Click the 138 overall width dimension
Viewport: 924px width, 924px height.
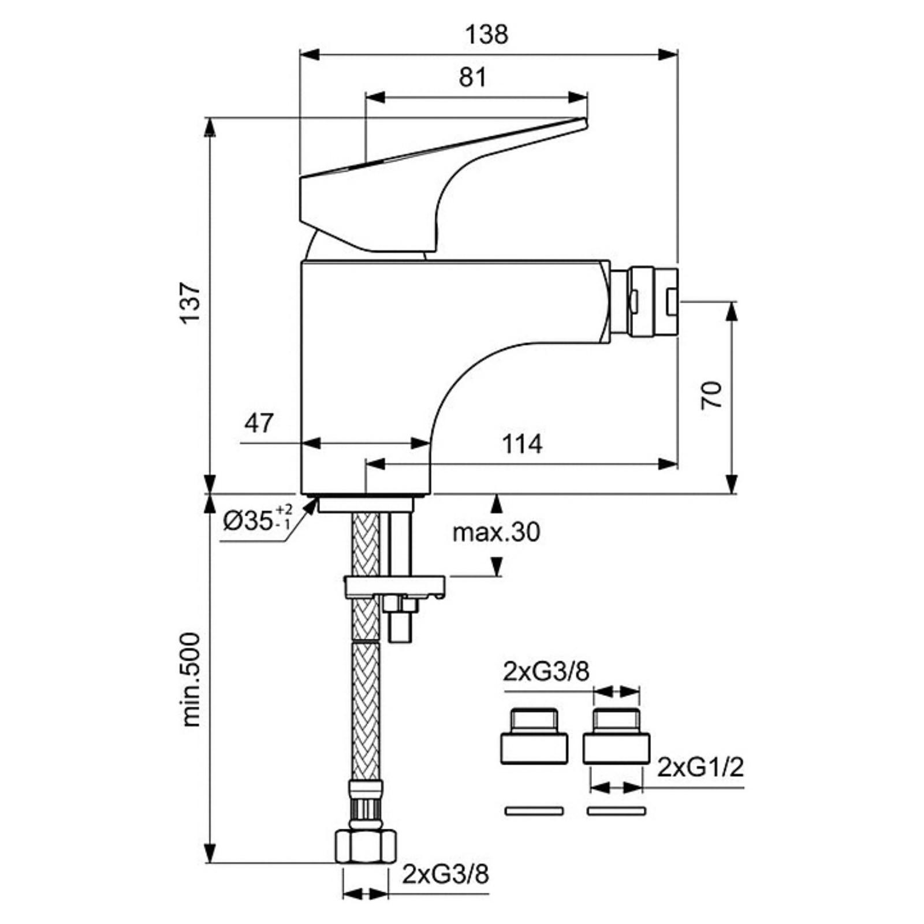[487, 35]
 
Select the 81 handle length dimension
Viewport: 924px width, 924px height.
[472, 77]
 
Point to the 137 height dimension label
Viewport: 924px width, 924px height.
[191, 303]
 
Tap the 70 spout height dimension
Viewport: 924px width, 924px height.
[712, 395]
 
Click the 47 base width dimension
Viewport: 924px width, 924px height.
[258, 423]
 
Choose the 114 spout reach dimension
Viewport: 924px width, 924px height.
[522, 444]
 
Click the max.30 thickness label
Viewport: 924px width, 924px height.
[496, 532]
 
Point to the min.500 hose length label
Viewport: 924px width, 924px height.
[191, 679]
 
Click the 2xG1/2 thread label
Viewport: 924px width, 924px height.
[701, 767]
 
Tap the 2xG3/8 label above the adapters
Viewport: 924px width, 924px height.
[546, 672]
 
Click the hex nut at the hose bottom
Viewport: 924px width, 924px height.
[366, 847]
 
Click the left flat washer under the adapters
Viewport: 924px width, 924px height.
[534, 811]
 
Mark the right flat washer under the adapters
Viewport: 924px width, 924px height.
[616, 811]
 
